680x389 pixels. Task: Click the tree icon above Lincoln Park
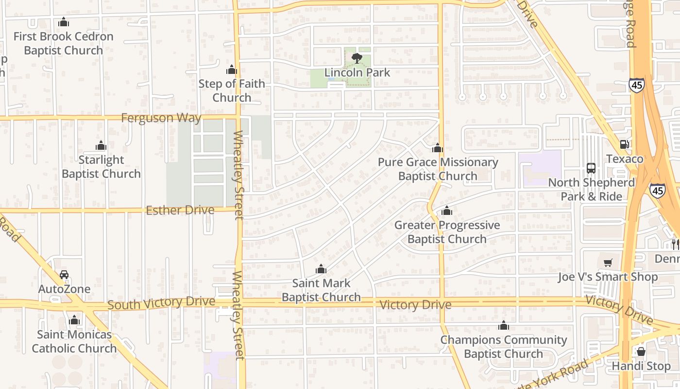pos(357,58)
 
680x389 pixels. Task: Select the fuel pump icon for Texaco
pos(625,144)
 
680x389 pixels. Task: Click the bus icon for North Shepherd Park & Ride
pos(591,168)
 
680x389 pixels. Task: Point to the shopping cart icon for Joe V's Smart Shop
pos(608,263)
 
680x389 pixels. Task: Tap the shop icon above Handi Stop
pos(641,352)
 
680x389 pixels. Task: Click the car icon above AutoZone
pos(64,275)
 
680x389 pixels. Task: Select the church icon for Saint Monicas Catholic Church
pos(74,320)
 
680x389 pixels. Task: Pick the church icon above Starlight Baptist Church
pos(101,145)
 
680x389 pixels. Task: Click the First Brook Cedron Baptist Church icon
pos(64,22)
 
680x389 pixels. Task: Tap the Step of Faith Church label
pos(232,90)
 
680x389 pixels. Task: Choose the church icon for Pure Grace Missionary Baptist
pos(438,148)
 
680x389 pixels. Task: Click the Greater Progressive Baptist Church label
pos(447,232)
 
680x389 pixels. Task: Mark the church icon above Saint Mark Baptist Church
pos(321,269)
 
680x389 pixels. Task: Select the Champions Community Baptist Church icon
pos(504,325)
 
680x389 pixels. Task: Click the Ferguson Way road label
pos(161,118)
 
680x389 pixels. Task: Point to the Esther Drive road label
pos(180,210)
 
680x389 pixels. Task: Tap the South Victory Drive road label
pos(161,303)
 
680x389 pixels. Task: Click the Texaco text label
pos(625,159)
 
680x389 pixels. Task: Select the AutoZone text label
pos(64,289)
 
